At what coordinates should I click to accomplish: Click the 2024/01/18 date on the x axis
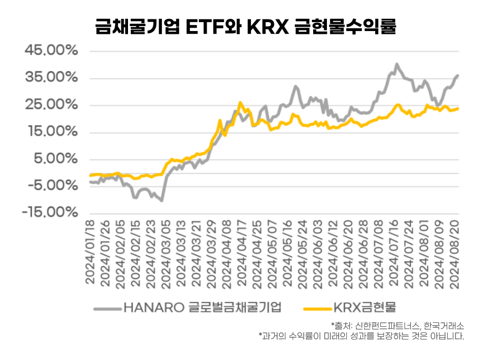[x=91, y=252]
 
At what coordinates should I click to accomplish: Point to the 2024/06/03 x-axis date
[x=317, y=252]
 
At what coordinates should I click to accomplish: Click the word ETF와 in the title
[x=213, y=26]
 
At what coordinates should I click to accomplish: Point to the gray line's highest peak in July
[x=396, y=64]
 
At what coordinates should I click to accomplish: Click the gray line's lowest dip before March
[x=162, y=200]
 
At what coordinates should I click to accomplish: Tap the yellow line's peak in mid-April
[x=240, y=102]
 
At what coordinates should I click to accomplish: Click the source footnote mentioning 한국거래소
[x=397, y=325]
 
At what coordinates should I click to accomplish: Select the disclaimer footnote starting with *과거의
[x=361, y=336]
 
